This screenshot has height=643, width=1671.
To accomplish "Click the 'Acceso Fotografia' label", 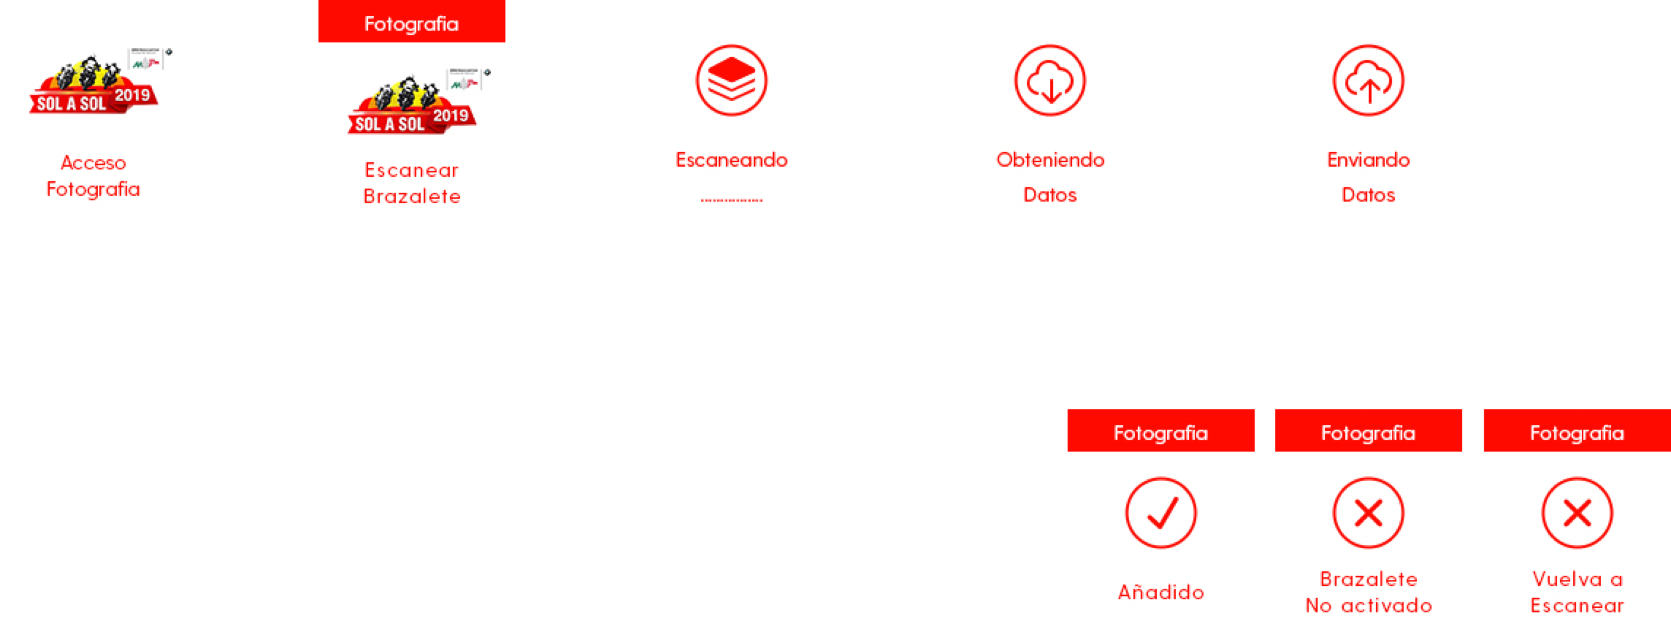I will coord(94,176).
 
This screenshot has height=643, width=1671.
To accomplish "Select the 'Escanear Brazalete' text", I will coord(412,183).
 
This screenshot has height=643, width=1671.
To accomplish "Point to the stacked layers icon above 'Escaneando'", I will coord(731,80).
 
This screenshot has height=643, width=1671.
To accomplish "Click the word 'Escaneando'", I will coord(731,160).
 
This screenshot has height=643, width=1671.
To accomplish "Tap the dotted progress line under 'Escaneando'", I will coord(731,200).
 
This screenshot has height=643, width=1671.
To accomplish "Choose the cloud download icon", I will coord(1050,80).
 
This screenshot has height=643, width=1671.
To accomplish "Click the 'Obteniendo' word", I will coord(1050,160).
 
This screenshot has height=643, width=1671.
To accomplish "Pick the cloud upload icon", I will coord(1368,80).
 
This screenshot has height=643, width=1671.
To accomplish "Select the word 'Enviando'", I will coord(1368,160).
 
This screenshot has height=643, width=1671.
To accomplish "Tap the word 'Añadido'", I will coord(1161,592).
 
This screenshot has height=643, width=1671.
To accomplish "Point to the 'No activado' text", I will coord(1368,606).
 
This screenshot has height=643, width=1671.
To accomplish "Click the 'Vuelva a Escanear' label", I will coord(1577,592).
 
